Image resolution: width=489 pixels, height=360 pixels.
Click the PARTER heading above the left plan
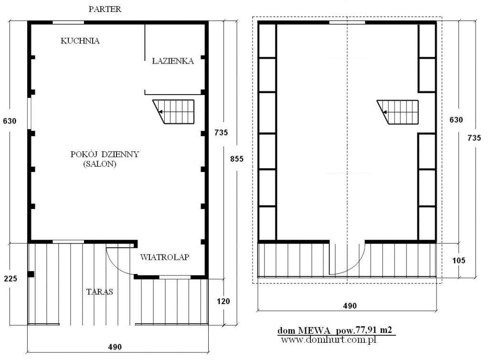[105, 9]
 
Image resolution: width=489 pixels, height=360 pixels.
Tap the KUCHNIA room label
[80, 41]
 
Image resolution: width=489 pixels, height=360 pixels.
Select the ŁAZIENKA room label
[173, 61]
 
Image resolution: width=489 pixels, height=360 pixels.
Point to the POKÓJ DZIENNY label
[105, 154]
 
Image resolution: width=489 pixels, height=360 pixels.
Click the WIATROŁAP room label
[165, 257]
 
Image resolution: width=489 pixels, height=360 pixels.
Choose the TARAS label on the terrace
[99, 292]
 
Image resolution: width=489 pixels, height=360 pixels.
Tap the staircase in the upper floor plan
[398, 112]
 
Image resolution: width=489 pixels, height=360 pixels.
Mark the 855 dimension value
[237, 159]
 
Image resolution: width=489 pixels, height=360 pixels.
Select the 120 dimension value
[223, 301]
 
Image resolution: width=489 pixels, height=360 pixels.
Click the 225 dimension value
[11, 278]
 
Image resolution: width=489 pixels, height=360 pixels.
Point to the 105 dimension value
[459, 260]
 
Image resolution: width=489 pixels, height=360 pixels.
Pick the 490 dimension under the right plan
[350, 306]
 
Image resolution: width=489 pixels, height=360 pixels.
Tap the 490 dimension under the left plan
[115, 347]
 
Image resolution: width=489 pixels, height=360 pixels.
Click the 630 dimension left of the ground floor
[10, 121]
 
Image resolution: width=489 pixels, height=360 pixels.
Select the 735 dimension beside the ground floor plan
[221, 132]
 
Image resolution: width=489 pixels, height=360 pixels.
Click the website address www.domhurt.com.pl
[329, 339]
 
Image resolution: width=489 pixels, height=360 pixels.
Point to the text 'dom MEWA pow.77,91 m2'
[335, 330]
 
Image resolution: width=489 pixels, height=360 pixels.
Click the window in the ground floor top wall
[68, 22]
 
